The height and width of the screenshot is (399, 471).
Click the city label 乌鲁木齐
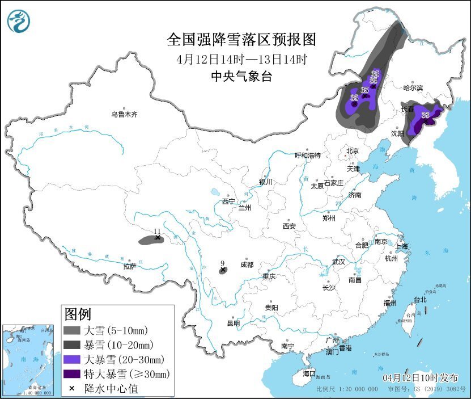coord(124,114)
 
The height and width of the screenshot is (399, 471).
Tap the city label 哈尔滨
coord(413,88)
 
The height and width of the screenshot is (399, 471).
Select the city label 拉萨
coord(130,266)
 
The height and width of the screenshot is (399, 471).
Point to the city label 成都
coord(247,264)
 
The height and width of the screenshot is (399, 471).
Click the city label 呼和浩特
coord(308,155)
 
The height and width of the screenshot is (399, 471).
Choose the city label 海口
coord(308,373)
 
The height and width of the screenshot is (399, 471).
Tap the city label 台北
coord(419,299)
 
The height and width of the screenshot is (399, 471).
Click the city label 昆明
coord(233,323)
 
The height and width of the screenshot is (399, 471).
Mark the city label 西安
coord(289,226)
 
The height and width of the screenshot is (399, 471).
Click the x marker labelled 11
coord(158,238)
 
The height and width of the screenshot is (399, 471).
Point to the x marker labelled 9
coord(223,270)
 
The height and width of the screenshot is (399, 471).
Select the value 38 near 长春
coord(426,115)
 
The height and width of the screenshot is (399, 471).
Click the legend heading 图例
coord(78,314)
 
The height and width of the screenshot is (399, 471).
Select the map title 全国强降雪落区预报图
coord(241,40)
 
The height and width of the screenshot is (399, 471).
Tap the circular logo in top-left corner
coord(18,22)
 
